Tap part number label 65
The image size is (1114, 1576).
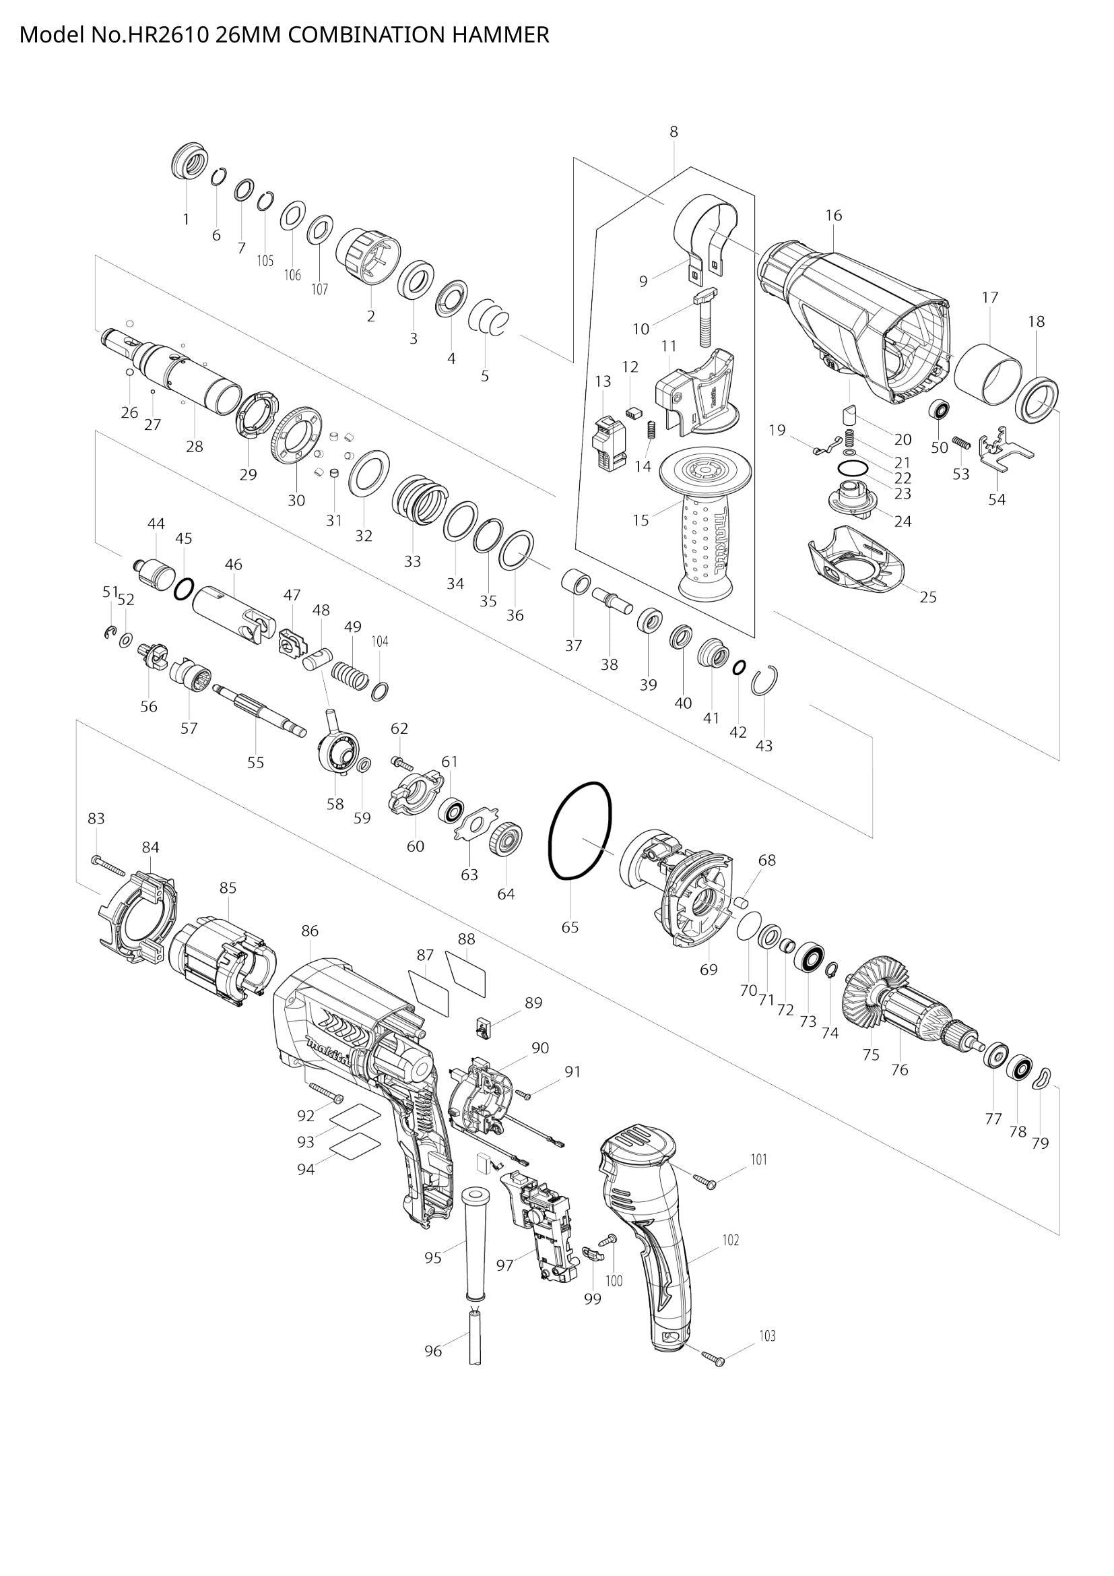[570, 927]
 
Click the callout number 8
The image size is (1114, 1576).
[674, 132]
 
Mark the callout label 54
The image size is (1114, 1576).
[997, 499]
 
